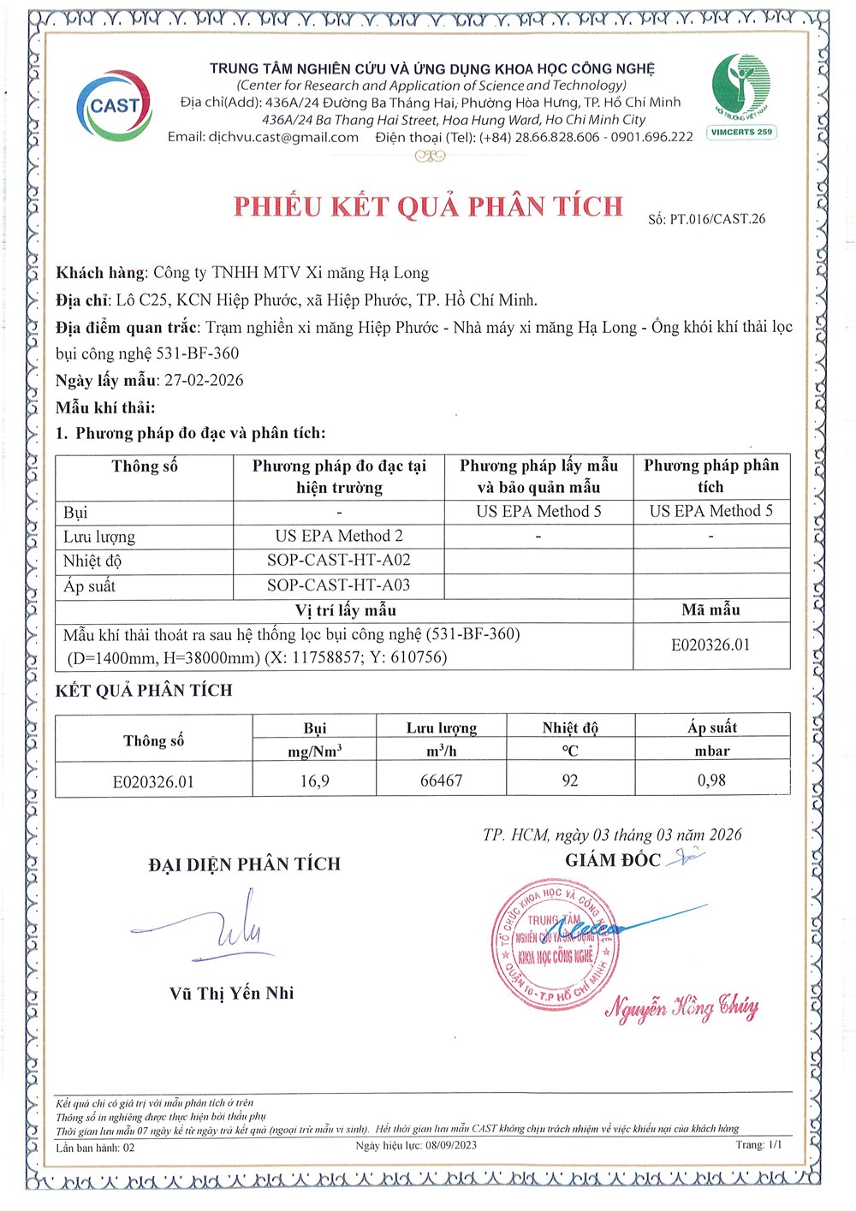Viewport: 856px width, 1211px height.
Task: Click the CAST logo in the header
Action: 114,105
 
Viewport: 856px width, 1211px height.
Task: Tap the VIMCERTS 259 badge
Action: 741,132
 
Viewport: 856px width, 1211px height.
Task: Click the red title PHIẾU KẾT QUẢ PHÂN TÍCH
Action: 428,206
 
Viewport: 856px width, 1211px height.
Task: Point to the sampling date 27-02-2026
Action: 204,380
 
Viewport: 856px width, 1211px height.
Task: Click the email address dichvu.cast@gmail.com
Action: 283,137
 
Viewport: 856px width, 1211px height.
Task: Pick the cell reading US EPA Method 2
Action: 339,536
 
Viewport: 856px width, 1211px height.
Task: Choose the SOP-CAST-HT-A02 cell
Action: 339,560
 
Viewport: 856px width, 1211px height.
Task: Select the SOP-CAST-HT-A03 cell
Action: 339,585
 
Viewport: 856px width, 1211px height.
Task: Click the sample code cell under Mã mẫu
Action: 710,644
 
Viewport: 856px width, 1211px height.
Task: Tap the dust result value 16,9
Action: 314,781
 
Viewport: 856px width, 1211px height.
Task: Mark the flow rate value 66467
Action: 441,781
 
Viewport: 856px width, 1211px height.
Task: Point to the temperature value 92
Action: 570,781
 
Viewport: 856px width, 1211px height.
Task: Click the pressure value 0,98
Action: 711,780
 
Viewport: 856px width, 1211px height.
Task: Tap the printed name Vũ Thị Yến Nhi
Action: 231,994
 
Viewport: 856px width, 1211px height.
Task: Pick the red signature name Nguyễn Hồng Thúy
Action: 682,1007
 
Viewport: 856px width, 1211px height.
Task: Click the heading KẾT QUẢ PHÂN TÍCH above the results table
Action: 144,691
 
